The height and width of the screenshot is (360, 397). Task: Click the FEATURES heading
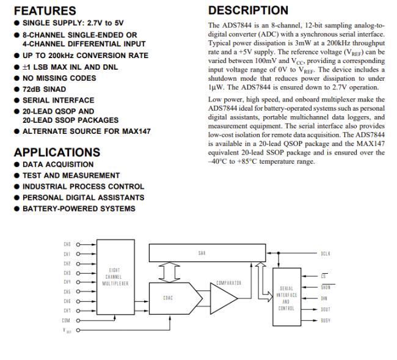click(x=45, y=10)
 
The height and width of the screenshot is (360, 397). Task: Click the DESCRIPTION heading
click(x=248, y=10)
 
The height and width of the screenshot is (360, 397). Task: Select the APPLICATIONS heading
click(x=57, y=152)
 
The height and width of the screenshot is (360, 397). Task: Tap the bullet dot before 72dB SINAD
click(x=17, y=89)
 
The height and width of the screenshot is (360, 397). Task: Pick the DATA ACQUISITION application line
click(x=58, y=164)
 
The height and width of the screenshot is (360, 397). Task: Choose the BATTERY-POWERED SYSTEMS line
click(x=79, y=208)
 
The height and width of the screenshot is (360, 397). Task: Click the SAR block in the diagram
click(x=202, y=251)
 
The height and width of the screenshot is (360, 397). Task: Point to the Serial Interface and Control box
click(x=287, y=298)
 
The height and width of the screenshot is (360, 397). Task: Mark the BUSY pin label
click(x=326, y=320)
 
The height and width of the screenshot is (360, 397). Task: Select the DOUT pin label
click(x=326, y=309)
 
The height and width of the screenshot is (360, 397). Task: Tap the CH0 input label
click(x=67, y=244)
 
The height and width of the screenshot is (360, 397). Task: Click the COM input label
click(x=66, y=320)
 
